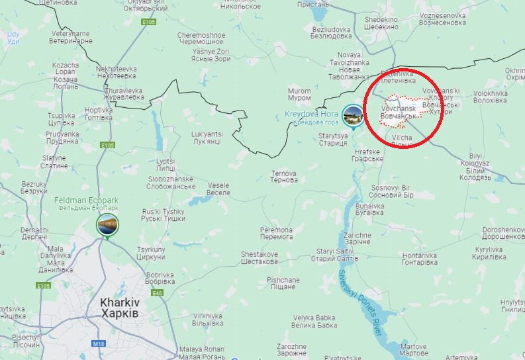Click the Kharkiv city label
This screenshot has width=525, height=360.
coord(119,306)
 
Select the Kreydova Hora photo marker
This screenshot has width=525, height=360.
coord(352,116)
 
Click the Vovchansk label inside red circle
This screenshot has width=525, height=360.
coord(399,111)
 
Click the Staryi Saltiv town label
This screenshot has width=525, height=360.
coord(334,255)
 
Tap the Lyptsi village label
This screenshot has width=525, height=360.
coord(166,164)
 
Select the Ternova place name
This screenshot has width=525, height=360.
coord(284,177)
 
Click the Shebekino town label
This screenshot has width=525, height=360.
coord(381,23)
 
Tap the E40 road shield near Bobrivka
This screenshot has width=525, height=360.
coord(157,293)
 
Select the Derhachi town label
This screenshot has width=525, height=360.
coord(34,232)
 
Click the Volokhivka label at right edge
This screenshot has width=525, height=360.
coord(491,97)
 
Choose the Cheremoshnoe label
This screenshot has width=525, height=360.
coord(201,38)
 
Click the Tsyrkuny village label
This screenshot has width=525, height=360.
coord(150,253)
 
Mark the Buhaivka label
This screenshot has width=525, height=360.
coord(369,210)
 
